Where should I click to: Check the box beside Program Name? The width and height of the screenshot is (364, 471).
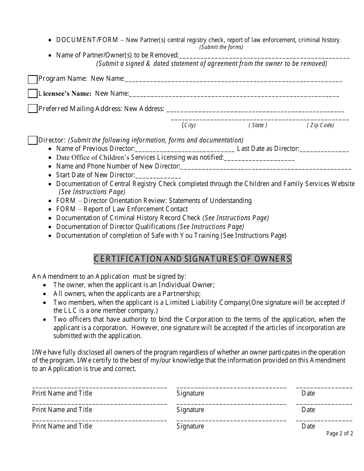coord(33,79)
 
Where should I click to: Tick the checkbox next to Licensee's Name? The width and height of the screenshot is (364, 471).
coord(33,94)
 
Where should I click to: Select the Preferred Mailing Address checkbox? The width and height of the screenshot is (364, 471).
coord(33,109)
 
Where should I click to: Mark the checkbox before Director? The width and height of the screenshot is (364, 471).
coord(33,141)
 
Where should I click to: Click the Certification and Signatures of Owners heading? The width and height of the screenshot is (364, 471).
coord(193,259)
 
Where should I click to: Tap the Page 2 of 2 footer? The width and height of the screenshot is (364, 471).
coord(339,433)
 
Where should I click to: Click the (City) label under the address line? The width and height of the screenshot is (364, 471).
coord(189,125)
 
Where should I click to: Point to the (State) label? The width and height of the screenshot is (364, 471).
coord(258,125)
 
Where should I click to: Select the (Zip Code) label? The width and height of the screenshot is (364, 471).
coord(320,125)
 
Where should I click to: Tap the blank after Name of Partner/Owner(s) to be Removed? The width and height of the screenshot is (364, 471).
coord(264,56)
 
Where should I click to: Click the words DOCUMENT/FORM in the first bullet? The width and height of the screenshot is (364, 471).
coord(87,40)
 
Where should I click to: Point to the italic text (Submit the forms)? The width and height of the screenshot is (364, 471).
coord(221,47)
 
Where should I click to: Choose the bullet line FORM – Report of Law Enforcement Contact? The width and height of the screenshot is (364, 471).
coord(122,209)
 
